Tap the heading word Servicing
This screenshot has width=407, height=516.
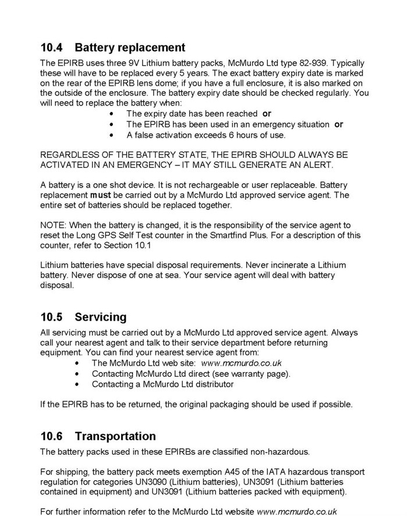click(x=100, y=317)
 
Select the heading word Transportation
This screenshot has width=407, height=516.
click(x=115, y=436)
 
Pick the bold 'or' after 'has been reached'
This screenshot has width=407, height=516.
click(x=267, y=114)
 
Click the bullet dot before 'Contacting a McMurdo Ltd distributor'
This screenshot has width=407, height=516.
click(x=78, y=384)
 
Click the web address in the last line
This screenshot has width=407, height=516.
click(x=297, y=511)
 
